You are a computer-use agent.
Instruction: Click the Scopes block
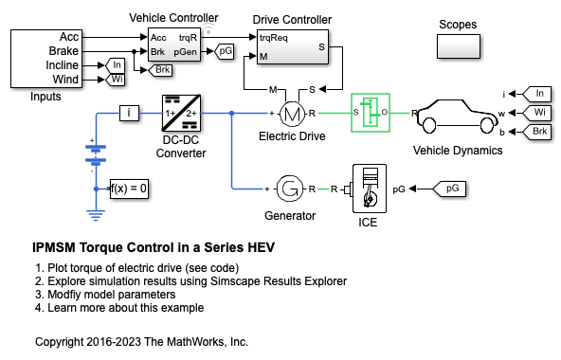click(459, 46)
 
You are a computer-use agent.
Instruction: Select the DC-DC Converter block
click(181, 113)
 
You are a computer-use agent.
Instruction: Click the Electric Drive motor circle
click(292, 114)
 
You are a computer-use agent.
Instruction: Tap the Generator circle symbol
click(289, 189)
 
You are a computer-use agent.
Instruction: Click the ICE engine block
click(370, 189)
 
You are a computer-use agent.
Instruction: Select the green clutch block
click(371, 113)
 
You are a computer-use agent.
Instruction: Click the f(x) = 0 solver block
click(129, 189)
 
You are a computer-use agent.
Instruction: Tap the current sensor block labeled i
click(129, 113)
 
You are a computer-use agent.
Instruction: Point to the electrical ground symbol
click(96, 215)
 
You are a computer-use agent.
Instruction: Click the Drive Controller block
click(293, 46)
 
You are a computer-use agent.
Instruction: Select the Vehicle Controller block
click(174, 45)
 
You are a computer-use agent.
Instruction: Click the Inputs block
click(46, 59)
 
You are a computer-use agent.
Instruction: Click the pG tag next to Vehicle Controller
click(225, 51)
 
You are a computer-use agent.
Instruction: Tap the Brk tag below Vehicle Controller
click(160, 70)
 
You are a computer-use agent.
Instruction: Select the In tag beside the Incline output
click(116, 65)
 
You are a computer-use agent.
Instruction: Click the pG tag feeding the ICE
click(449, 189)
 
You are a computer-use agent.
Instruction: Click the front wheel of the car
click(487, 125)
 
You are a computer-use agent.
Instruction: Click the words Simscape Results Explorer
click(279, 281)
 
